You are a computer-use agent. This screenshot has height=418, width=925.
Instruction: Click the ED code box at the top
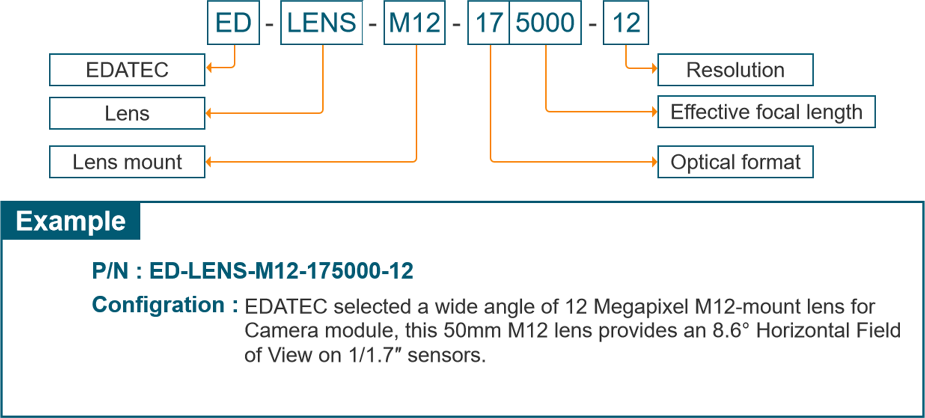233,23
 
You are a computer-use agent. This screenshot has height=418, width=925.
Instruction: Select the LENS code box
321,23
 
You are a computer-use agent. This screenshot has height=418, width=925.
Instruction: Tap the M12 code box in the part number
414,23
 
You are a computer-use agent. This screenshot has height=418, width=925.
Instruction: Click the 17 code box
488,23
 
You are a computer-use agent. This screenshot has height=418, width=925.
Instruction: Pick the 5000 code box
545,23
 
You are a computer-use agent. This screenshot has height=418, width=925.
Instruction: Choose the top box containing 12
626,23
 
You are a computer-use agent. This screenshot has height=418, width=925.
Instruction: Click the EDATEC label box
127,70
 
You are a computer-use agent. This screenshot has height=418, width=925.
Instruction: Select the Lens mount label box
127,162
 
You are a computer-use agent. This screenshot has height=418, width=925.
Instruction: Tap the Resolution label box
735,70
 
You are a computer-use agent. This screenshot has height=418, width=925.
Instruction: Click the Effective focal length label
766,112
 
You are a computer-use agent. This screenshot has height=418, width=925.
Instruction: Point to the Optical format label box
735,162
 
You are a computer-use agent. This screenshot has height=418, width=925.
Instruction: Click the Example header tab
70,221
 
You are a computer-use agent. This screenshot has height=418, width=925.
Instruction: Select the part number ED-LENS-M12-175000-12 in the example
281,271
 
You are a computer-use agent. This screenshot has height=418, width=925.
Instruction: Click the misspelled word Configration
158,305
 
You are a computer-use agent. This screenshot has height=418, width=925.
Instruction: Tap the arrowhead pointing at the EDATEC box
209,68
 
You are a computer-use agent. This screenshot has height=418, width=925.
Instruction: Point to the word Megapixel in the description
641,307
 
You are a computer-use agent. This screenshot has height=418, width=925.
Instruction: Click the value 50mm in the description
472,331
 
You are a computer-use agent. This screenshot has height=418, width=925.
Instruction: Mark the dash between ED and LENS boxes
269,25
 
